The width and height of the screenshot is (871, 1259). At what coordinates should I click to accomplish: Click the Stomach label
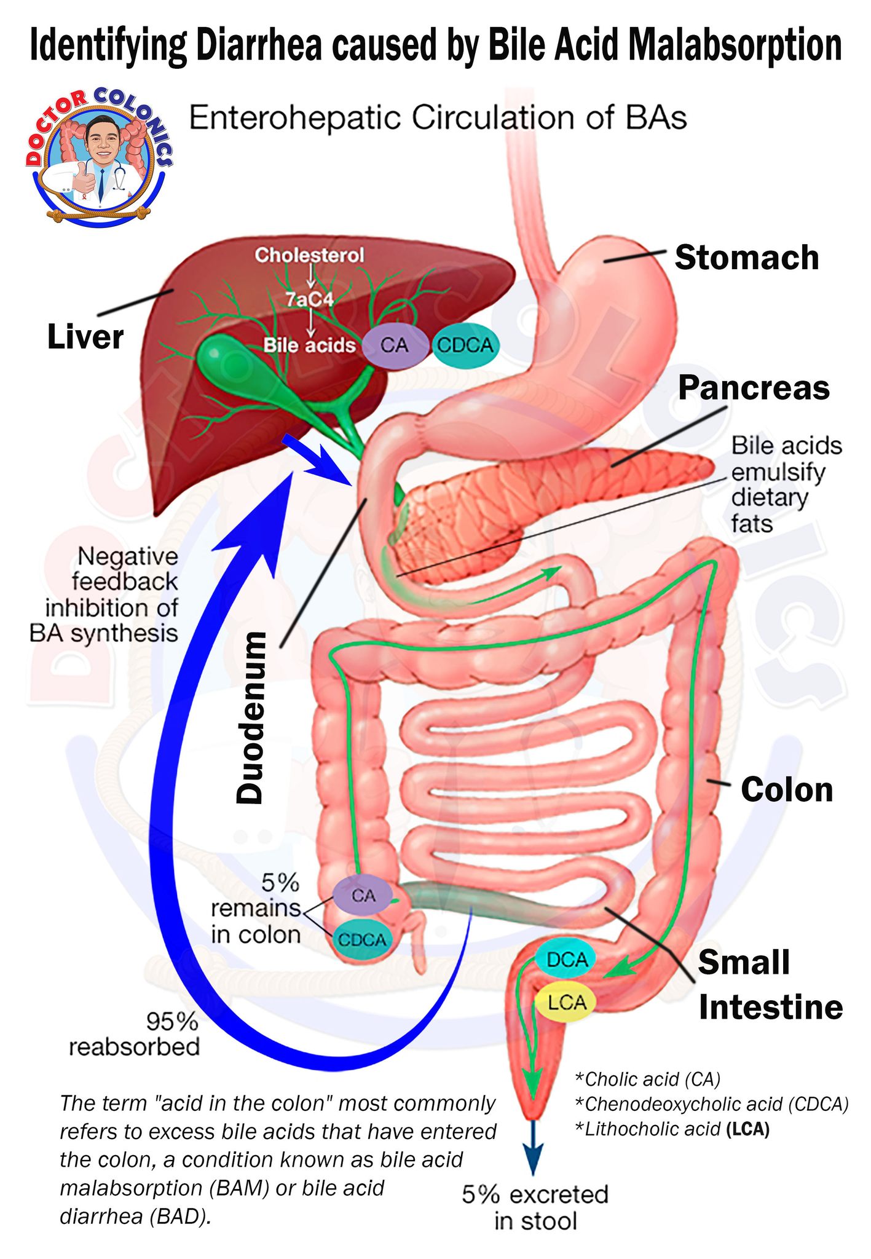click(747, 257)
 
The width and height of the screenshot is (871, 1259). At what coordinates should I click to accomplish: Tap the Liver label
click(85, 337)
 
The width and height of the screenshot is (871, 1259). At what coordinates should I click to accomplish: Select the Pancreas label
click(754, 389)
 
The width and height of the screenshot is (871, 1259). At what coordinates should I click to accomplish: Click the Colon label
click(787, 789)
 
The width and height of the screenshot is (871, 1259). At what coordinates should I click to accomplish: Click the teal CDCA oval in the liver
click(465, 345)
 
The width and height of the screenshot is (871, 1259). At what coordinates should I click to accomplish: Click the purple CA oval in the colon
click(363, 895)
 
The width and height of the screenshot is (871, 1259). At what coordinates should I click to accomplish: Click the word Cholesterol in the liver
click(309, 255)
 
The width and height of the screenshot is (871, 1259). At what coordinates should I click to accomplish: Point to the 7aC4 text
click(310, 299)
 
